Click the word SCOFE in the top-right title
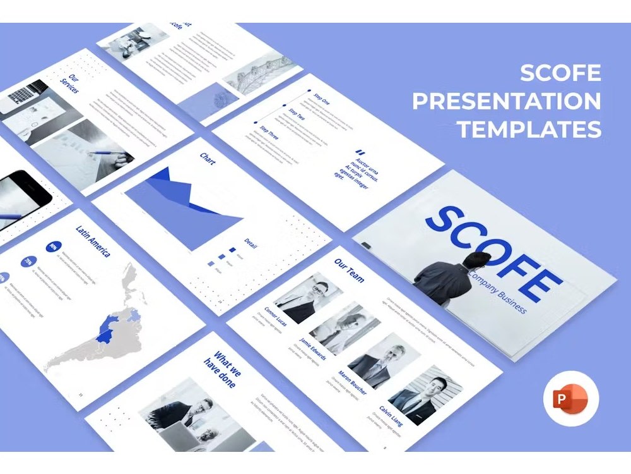pos(560,73)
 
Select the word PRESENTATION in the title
pos(507,101)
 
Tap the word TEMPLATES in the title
pos(529,129)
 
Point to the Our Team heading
pos(349,269)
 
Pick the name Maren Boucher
pos(352,382)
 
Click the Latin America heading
pos(93,241)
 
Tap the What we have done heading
pos(220,369)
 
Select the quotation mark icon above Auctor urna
pos(360,152)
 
